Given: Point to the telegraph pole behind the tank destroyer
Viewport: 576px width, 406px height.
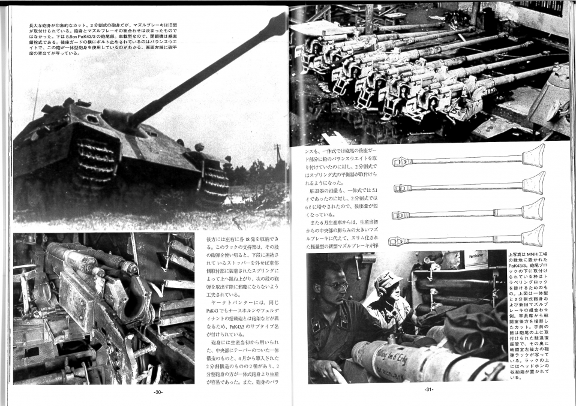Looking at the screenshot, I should [278, 161].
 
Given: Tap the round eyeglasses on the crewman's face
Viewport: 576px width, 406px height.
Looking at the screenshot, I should [337, 285].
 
